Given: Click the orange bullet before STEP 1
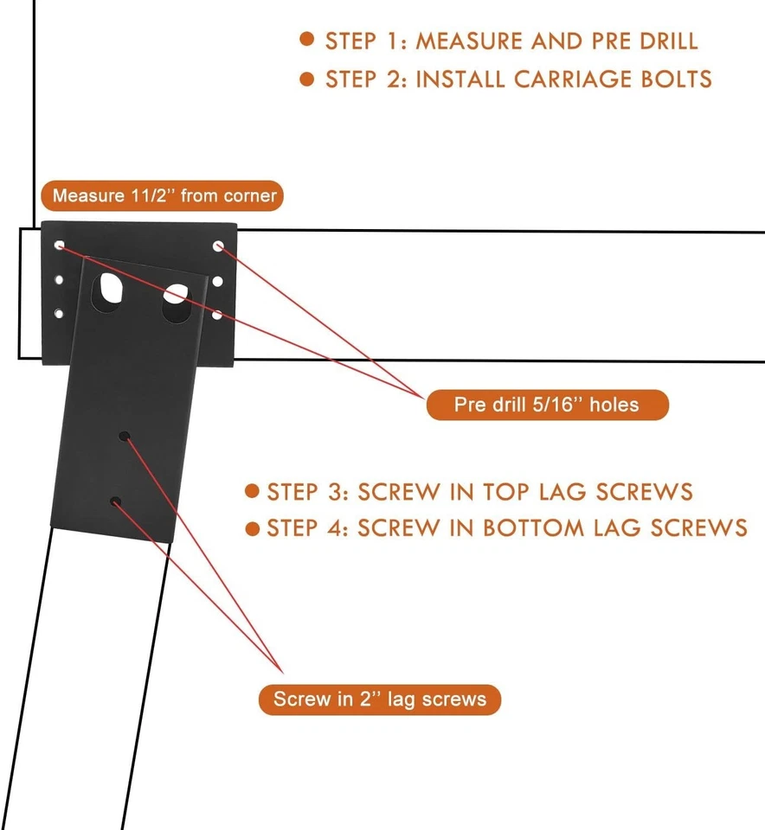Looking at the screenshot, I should pos(306,40).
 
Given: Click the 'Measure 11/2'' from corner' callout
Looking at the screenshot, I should pos(164,195).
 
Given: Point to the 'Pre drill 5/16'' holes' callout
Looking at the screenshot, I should pos(547,405).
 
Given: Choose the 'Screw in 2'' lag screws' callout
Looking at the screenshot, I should pos(380,699).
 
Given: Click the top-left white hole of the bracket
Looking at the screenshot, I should pos(59,246).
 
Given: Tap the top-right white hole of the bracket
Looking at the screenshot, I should pos(219,246).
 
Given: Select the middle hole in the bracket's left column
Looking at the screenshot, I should pos(59,280).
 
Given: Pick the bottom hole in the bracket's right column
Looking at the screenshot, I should pos(218,316).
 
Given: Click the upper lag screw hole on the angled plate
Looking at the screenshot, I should pos(125,437).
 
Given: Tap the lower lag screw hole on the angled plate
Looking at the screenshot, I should pos(114,501).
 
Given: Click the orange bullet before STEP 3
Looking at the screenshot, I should pos(252,491).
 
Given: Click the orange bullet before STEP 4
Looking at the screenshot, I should pos(252,527).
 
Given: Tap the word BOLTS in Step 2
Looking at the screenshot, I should pos(672,79).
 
